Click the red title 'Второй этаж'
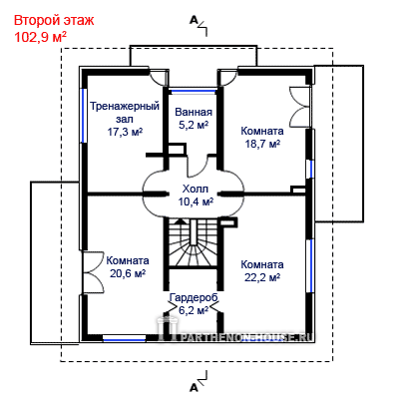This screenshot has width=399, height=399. pyautogui.click(x=54, y=20)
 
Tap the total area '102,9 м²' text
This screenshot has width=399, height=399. pyautogui.click(x=40, y=37)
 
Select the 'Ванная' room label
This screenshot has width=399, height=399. pyautogui.click(x=194, y=112)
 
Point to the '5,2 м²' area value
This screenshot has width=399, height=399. pyautogui.click(x=194, y=126)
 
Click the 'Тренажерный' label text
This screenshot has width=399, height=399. pyautogui.click(x=125, y=107)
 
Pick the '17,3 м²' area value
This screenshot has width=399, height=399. pyautogui.click(x=125, y=132)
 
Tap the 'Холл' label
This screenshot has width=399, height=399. pyautogui.click(x=196, y=189)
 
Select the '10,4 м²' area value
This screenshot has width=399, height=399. pyautogui.click(x=196, y=201)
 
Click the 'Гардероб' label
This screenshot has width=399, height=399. pyautogui.click(x=194, y=297)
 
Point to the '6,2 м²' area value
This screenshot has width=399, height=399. pyautogui.click(x=194, y=310)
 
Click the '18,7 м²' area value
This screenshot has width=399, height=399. pyautogui.click(x=262, y=144)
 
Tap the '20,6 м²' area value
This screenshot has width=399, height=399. pyautogui.click(x=128, y=273)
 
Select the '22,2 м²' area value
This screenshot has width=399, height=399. pyautogui.click(x=262, y=277)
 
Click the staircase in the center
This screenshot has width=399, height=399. pyautogui.click(x=194, y=242)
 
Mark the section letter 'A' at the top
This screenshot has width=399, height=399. pyautogui.click(x=194, y=20)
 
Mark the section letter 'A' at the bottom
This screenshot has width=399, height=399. pyautogui.click(x=194, y=387)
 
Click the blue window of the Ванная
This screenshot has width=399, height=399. pyautogui.click(x=193, y=90)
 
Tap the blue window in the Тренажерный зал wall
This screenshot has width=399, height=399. pyautogui.click(x=84, y=116)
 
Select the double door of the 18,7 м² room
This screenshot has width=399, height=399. pyautogui.click(x=298, y=107)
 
